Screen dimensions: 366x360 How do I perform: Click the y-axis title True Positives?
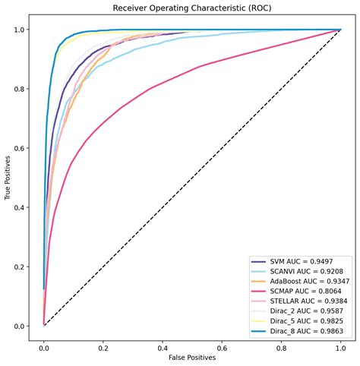(8, 178)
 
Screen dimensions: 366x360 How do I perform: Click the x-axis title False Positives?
(191, 356)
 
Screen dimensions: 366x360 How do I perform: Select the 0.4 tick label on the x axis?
(163, 344)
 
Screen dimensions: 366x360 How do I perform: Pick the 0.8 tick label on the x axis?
(281, 344)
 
